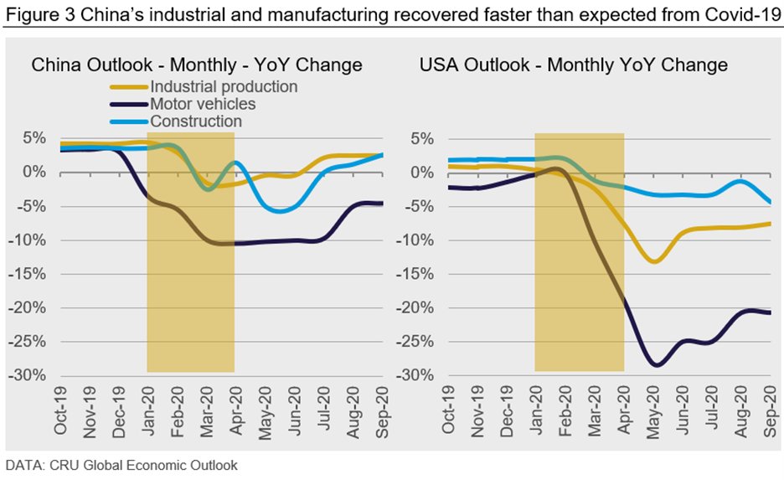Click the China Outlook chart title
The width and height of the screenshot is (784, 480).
coord(197,65)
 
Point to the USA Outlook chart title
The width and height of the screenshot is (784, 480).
coord(574,65)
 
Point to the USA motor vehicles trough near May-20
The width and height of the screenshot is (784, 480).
coord(656,365)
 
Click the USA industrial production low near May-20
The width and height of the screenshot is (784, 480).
coord(653,262)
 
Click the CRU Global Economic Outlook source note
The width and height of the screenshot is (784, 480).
coord(122,464)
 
